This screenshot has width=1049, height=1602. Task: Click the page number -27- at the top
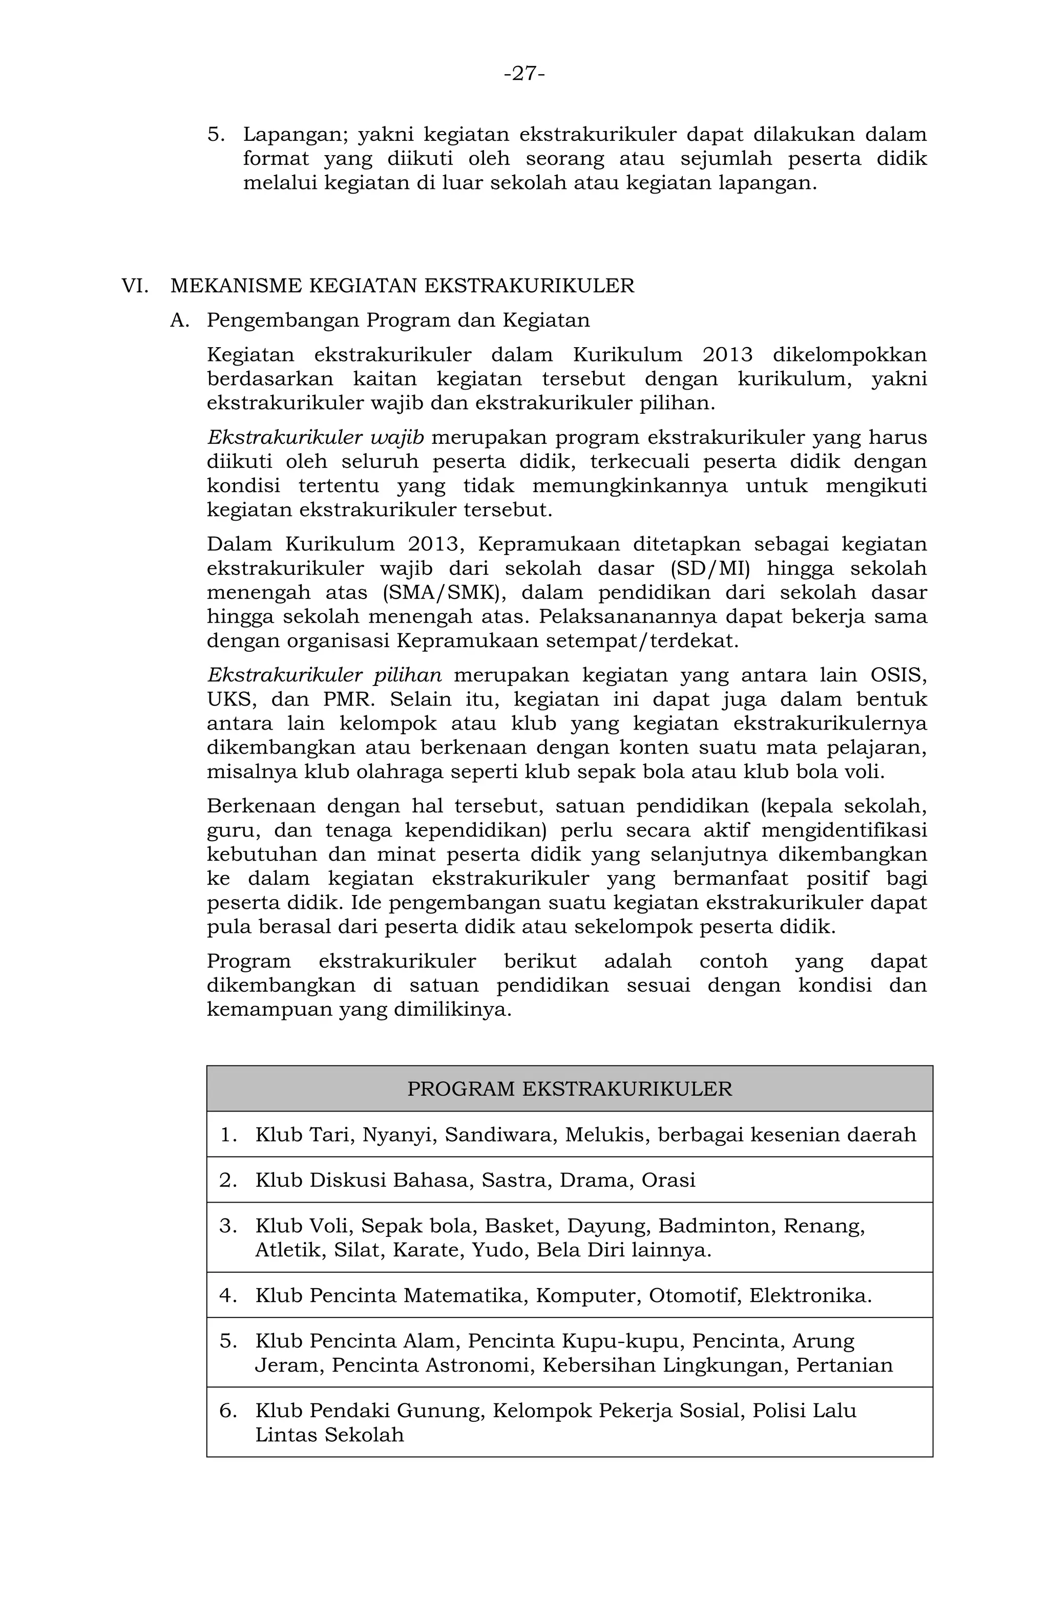click(524, 73)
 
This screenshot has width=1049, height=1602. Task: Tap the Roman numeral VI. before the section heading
click(135, 286)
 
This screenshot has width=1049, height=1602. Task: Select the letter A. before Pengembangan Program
click(180, 321)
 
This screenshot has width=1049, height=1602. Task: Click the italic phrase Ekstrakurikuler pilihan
click(325, 675)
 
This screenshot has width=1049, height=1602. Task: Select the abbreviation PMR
click(347, 699)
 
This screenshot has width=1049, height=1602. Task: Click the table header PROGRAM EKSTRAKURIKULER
click(569, 1088)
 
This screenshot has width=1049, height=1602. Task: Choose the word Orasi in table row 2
click(668, 1180)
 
